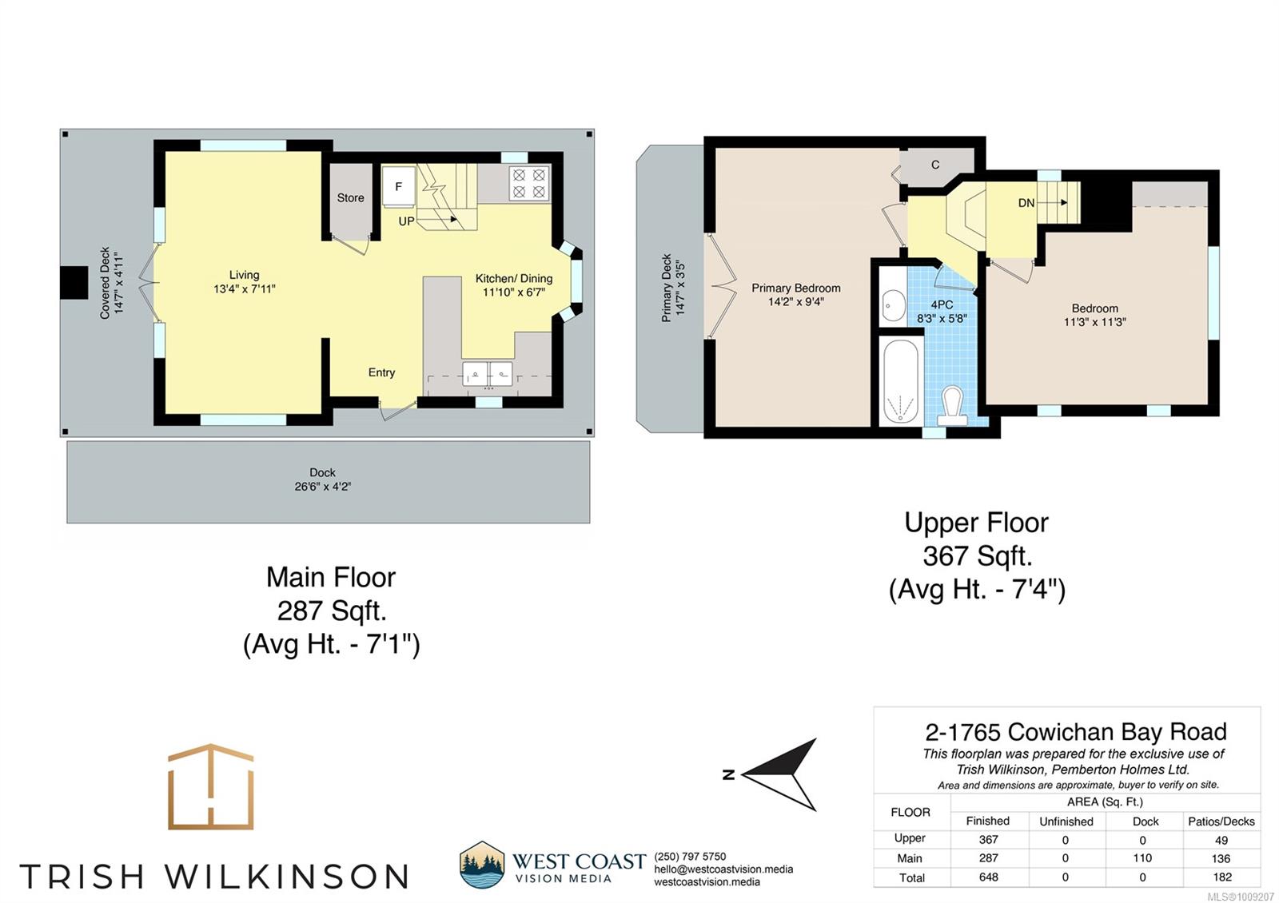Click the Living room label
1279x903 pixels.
click(x=244, y=275)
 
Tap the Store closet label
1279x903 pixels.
click(x=350, y=197)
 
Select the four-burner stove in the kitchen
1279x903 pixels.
click(x=529, y=183)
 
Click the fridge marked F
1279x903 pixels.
click(x=399, y=186)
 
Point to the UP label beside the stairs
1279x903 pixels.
click(x=406, y=221)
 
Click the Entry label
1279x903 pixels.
click(x=381, y=372)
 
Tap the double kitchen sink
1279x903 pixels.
click(x=487, y=374)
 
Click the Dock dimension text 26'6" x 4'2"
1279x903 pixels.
click(x=323, y=487)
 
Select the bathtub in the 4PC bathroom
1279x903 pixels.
click(x=901, y=380)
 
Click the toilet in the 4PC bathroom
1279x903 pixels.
click(x=952, y=406)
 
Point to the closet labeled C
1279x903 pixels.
click(x=935, y=165)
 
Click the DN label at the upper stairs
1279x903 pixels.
click(x=1026, y=203)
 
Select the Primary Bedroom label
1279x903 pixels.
click(x=795, y=288)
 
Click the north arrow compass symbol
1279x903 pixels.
click(x=780, y=774)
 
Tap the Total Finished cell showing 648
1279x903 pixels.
click(x=988, y=877)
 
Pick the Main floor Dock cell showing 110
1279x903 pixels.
click(x=1142, y=858)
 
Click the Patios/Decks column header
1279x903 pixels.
click(x=1221, y=821)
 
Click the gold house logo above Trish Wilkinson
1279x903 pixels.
click(x=211, y=786)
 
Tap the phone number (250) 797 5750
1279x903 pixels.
click(x=690, y=856)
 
